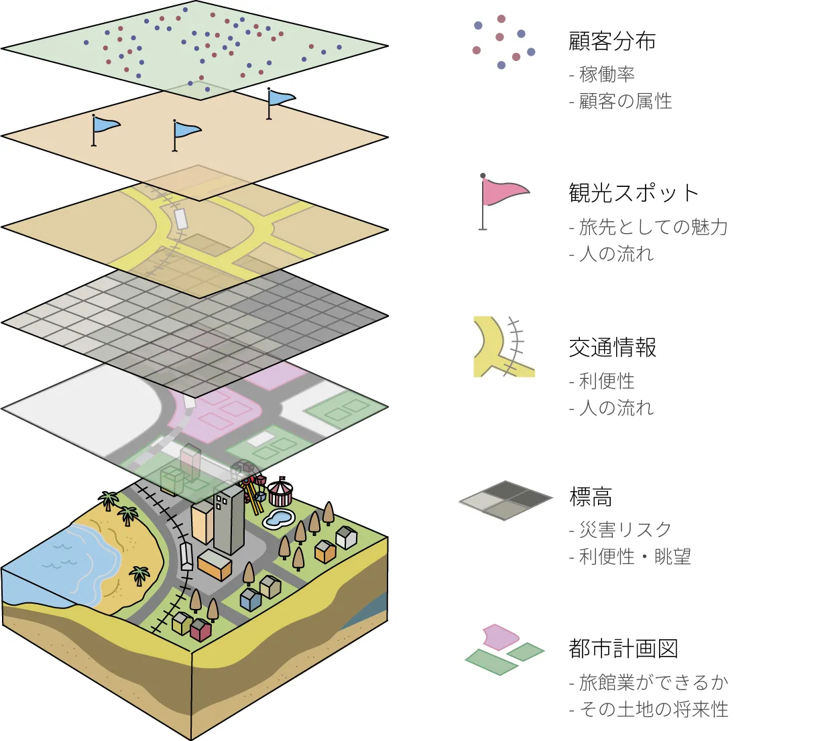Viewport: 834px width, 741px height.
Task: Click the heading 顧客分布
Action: [x=611, y=42]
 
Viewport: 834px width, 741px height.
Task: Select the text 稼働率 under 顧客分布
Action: [x=607, y=74]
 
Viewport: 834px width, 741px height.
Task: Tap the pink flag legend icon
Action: [x=503, y=194]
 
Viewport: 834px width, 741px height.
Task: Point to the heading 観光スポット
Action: [x=634, y=193]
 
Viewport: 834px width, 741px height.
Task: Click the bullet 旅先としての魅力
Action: [x=653, y=227]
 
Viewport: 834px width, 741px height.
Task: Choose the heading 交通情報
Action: [x=612, y=347]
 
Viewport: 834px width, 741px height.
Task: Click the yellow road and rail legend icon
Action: [x=503, y=346]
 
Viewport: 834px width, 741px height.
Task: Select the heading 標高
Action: [x=590, y=497]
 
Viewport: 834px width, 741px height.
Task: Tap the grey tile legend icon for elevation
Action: [x=505, y=500]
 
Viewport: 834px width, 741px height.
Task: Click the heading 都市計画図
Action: [x=623, y=649]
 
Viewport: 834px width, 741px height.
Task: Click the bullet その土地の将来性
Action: [x=653, y=710]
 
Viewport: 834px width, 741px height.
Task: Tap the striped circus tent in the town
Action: [x=280, y=492]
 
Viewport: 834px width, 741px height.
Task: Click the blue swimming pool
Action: [x=279, y=518]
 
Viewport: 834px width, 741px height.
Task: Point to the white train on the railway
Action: [x=186, y=557]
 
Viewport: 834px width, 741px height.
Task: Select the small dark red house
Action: [x=200, y=630]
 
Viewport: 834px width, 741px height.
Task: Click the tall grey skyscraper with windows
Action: [x=229, y=519]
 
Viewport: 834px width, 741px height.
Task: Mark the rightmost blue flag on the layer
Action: [x=280, y=99]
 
